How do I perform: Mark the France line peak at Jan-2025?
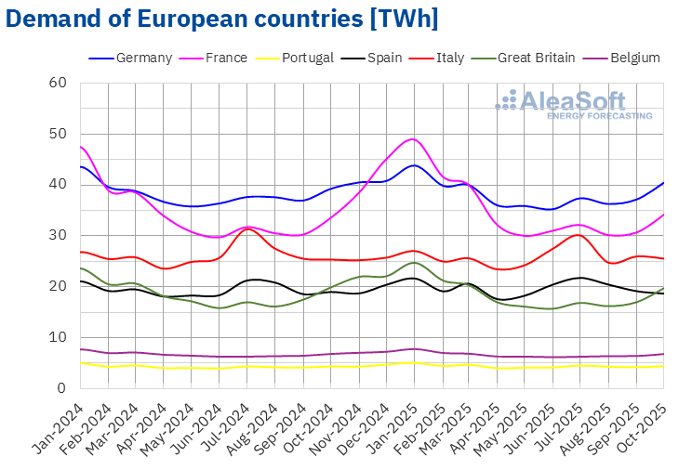coord(413,139)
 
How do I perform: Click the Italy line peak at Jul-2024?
coord(246,228)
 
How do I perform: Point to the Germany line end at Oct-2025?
coord(663,182)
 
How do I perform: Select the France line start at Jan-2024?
coord(81,147)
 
